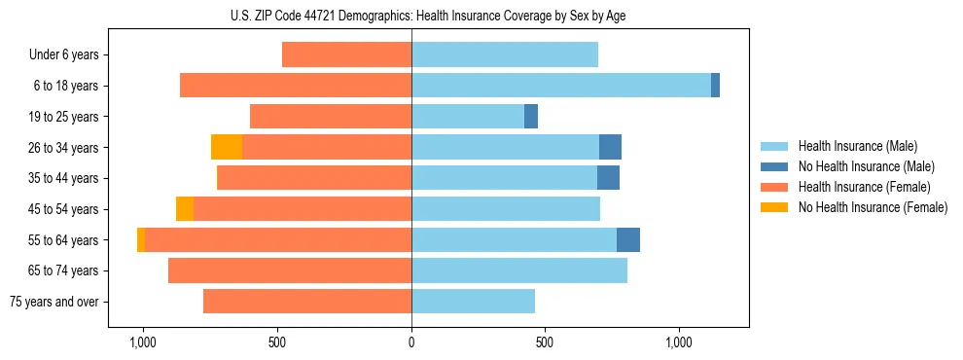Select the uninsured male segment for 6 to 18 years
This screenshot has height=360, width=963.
click(715, 86)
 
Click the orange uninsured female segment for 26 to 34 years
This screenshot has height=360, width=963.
click(227, 147)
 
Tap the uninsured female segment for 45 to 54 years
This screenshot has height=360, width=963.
click(185, 209)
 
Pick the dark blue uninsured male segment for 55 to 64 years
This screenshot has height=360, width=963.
click(628, 239)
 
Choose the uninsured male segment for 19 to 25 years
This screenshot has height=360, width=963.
click(531, 117)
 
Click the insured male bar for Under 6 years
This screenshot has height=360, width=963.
click(505, 54)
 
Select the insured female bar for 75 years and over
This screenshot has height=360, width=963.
click(307, 302)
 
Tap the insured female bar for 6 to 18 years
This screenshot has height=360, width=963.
click(296, 86)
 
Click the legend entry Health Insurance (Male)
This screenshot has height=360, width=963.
click(857, 146)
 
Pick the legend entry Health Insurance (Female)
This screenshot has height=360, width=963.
click(864, 187)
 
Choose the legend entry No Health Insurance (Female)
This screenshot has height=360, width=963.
click(873, 207)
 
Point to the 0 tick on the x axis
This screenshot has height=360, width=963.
click(411, 343)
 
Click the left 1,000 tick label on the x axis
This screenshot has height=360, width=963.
click(143, 343)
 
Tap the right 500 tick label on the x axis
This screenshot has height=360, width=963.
click(545, 343)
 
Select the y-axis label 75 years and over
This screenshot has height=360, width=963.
click(54, 302)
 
